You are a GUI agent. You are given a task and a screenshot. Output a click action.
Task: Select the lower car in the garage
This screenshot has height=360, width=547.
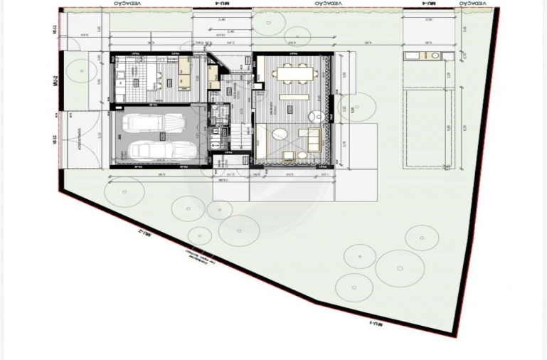[161, 150]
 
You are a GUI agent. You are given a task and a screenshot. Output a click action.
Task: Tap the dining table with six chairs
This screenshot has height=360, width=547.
[294, 73]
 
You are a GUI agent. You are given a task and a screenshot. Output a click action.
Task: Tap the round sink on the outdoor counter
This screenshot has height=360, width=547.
[433, 56]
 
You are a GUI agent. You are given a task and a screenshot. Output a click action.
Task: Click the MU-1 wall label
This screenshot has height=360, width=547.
[376, 324]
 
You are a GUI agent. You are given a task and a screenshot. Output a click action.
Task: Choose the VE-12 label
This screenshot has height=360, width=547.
[55, 140]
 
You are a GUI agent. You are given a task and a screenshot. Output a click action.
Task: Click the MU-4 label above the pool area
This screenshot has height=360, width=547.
[428, 4]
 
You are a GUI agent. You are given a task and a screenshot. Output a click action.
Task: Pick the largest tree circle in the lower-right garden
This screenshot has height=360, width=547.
[400, 268]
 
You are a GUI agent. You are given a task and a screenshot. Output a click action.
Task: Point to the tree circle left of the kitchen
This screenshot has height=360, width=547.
[83, 70]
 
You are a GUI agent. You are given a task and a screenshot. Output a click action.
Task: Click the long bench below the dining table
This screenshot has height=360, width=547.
[293, 97]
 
